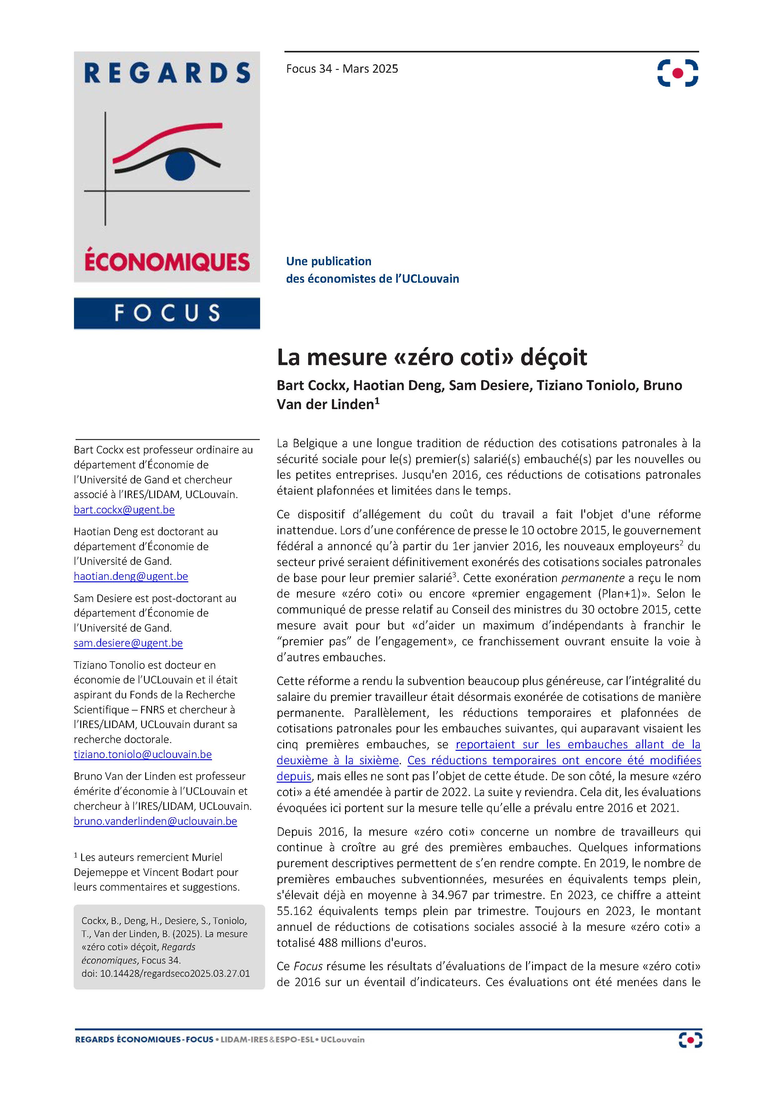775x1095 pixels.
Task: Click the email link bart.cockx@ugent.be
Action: tap(124, 510)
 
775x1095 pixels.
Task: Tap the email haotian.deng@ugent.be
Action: tap(131, 577)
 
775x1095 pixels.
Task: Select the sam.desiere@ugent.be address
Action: tap(128, 643)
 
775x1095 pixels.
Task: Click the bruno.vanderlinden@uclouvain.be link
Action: tap(155, 821)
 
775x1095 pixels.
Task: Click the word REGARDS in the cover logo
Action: tap(167, 73)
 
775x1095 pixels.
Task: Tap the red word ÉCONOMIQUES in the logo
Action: tap(167, 262)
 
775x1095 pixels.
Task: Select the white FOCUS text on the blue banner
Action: tap(167, 313)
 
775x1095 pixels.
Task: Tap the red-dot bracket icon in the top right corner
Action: tap(678, 73)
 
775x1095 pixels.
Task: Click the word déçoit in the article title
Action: tap(554, 357)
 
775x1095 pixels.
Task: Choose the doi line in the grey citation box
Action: tap(165, 973)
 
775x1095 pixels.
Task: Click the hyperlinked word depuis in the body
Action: tap(294, 776)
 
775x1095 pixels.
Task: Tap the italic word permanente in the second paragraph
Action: tap(593, 578)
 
